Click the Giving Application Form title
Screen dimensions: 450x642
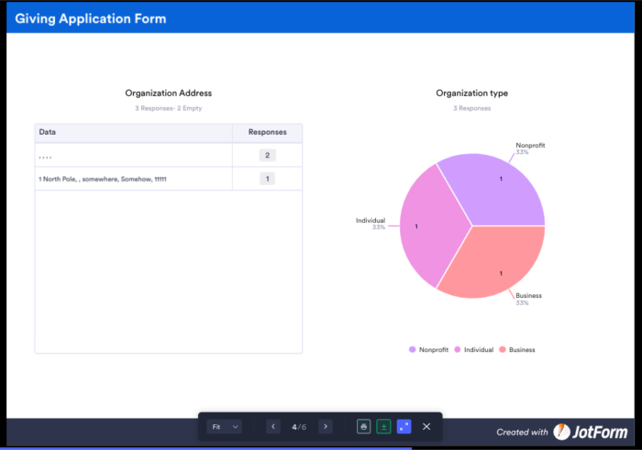click(91, 18)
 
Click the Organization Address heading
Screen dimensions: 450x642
click(169, 93)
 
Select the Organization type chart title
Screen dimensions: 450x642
click(471, 93)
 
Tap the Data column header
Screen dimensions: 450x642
click(48, 132)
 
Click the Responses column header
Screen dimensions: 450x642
click(267, 132)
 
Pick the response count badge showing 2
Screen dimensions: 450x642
click(267, 155)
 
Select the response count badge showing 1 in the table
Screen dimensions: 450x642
click(267, 179)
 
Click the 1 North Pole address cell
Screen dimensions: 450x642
click(103, 179)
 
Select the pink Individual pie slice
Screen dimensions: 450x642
click(426, 225)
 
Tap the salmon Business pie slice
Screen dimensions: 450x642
click(495, 266)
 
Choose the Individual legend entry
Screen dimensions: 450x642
click(474, 349)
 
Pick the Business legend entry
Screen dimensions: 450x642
click(517, 349)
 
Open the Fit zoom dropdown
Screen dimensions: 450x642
click(225, 426)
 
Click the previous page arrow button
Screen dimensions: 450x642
click(273, 426)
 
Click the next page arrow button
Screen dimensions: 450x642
click(326, 426)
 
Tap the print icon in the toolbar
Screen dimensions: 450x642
click(364, 426)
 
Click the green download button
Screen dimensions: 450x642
click(384, 426)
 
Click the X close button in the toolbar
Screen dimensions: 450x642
click(426, 426)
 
